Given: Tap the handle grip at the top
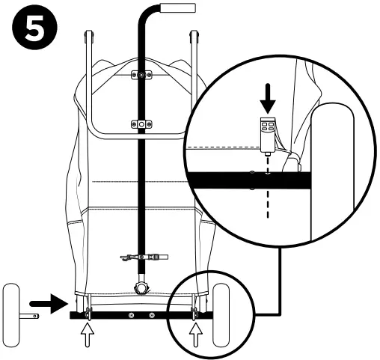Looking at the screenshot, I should coord(180,8).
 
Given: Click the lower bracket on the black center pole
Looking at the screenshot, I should coord(140,122).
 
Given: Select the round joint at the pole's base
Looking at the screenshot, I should coord(140,288).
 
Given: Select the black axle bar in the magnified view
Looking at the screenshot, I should coord(247,180).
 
